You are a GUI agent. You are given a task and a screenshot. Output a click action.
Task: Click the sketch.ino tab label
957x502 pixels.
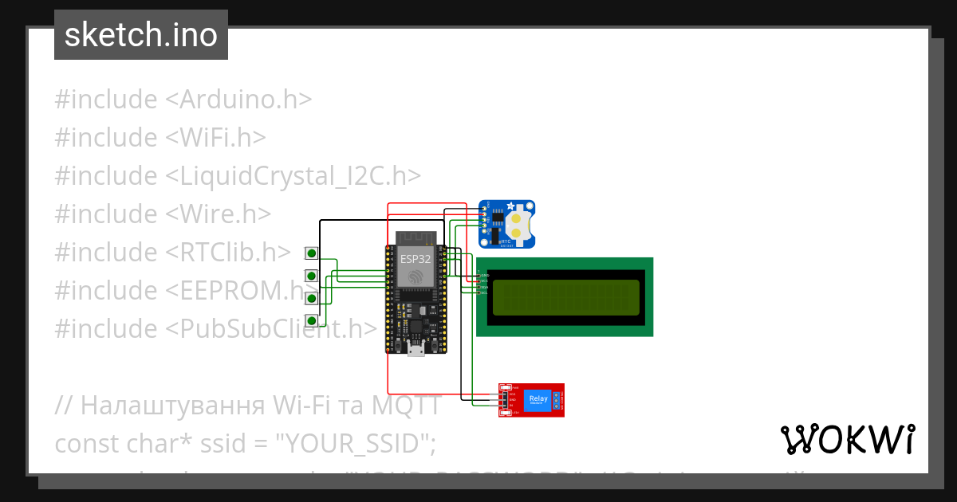pos(141,35)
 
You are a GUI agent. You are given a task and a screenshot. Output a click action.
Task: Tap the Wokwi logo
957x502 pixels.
pos(847,440)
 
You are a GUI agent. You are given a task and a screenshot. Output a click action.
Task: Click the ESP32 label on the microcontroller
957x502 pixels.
pos(415,259)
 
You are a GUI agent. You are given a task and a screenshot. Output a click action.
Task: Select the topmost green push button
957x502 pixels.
pos(312,253)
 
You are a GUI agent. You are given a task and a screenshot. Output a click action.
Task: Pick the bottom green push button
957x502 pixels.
pos(312,320)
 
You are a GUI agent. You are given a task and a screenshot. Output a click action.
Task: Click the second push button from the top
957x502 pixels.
pos(312,276)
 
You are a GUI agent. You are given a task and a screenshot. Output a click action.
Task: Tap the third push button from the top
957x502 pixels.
pos(312,298)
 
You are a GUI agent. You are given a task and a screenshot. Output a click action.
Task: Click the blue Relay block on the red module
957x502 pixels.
pos(538,400)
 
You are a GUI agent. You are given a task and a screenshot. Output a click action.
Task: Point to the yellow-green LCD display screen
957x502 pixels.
pos(565,296)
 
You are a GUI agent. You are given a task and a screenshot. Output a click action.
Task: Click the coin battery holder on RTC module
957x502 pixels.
pos(519,224)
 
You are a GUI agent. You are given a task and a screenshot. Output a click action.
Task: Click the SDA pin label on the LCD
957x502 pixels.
pos(483,287)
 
